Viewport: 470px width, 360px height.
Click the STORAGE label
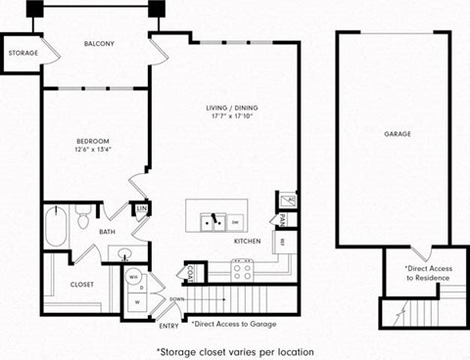23,52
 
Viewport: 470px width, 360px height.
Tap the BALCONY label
99,44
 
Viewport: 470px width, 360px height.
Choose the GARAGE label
397,133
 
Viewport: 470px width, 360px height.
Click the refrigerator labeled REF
282,241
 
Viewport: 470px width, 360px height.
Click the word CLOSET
82,286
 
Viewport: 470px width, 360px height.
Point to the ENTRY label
168,326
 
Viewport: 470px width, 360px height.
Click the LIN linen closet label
141,208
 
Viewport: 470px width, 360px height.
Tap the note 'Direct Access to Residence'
424,273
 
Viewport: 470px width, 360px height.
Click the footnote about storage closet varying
235,349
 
